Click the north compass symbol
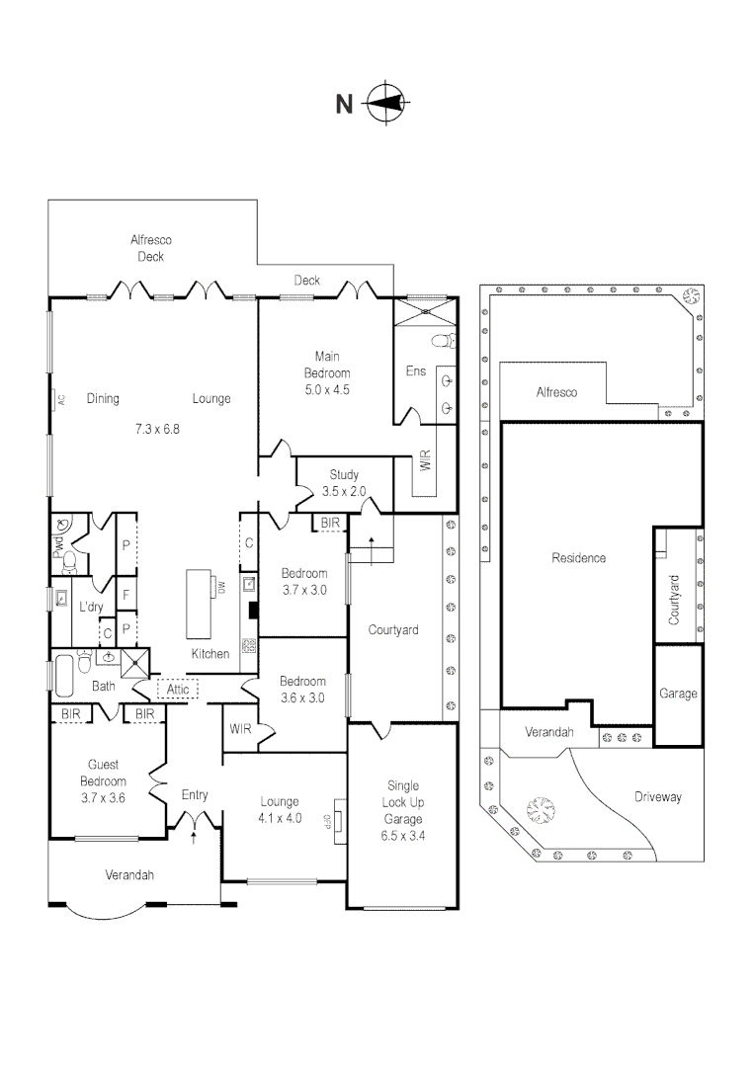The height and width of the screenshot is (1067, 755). tap(386, 103)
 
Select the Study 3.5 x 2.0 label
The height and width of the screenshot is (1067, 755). tap(344, 482)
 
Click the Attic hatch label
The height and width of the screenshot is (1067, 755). tap(178, 689)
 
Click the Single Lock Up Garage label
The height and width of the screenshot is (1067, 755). tap(402, 810)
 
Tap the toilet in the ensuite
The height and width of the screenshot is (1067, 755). tap(444, 341)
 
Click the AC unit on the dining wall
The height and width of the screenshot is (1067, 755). tap(60, 399)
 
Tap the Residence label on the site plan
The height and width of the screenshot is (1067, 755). tap(578, 558)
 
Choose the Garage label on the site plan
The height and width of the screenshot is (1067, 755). tap(678, 694)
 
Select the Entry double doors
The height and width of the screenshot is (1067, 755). tap(194, 819)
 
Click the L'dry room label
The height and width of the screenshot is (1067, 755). tap(92, 606)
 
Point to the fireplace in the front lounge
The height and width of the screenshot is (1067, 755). tap(338, 821)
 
